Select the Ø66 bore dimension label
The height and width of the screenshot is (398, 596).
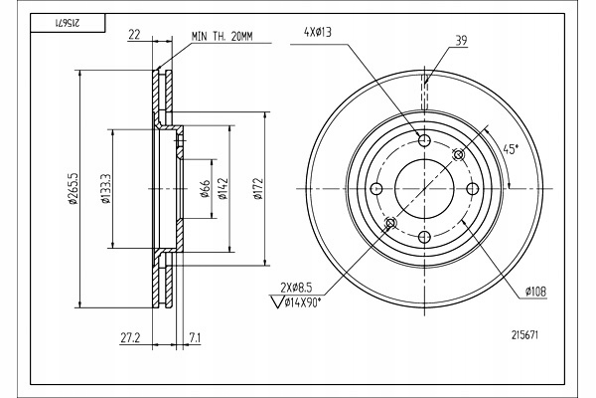[x=203, y=189]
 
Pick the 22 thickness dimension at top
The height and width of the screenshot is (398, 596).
[x=133, y=37]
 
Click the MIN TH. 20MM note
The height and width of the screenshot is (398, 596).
[x=223, y=37]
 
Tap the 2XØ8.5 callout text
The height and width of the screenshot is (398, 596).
[x=300, y=287]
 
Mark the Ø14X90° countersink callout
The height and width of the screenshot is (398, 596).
[x=310, y=301]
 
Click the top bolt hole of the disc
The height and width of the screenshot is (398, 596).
[x=424, y=140]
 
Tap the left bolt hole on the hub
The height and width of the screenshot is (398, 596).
[x=376, y=189]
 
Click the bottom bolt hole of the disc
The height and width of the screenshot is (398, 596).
[x=424, y=237]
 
